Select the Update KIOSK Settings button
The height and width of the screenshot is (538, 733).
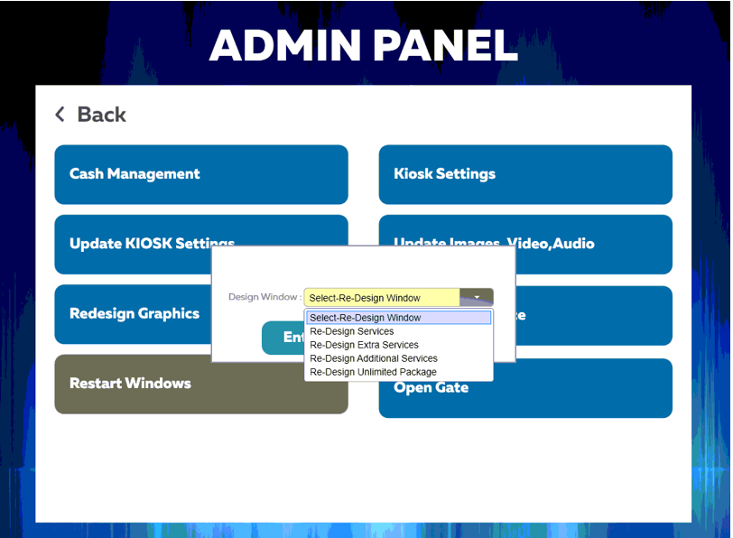135,244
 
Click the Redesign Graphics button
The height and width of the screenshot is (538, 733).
134,314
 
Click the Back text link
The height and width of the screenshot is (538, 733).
101,115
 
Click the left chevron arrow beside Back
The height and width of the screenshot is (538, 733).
60,115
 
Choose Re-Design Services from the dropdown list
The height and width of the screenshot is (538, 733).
351,331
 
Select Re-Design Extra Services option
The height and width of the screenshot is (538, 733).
364,345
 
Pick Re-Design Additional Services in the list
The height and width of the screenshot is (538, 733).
373,358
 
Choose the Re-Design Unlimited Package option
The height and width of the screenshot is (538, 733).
373,372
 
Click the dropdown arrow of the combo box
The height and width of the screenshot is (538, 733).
477,297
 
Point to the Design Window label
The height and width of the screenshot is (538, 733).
264,297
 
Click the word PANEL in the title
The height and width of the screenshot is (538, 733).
449,46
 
